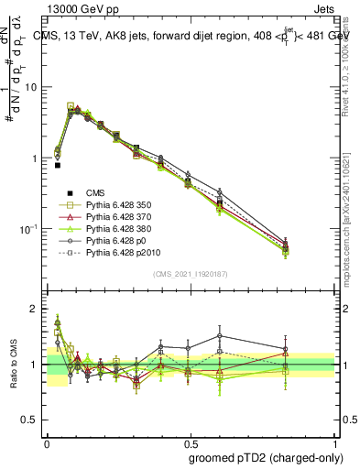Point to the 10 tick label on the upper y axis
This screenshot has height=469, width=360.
click(30, 87)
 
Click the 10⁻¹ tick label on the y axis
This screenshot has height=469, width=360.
click(27, 228)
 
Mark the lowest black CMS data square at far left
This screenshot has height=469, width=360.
click(58, 166)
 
